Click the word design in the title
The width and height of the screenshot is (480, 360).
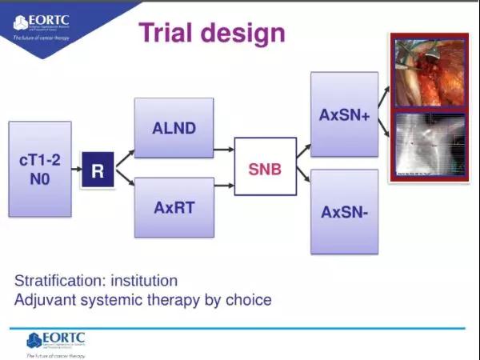pos(243,33)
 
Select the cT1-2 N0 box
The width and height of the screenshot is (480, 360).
pos(40,169)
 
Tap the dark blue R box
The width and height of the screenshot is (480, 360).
pos(98,170)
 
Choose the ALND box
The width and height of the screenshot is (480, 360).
pos(174,127)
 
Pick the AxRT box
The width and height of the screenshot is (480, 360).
pos(174,207)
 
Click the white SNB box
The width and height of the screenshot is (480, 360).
pos(265,166)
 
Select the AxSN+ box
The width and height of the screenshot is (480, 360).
pos(343,114)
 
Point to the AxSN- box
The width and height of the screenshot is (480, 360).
pos(343,211)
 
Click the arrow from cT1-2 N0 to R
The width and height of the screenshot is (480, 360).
pos(77,170)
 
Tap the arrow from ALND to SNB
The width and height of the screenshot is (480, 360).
pos(223,150)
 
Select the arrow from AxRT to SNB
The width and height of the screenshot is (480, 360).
pos(223,185)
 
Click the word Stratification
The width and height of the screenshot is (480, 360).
pos(60,282)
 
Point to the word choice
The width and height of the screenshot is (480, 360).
pos(249,301)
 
